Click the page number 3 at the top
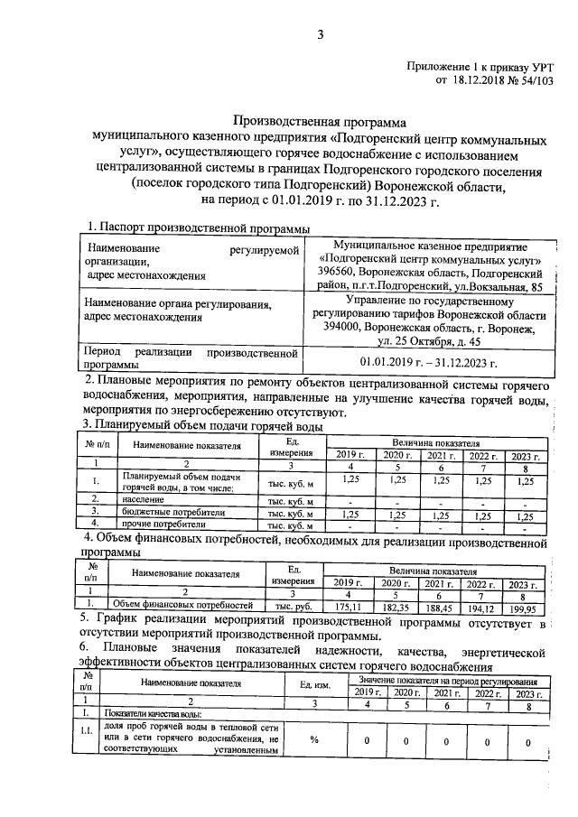pos(320,35)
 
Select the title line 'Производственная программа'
pos(322,120)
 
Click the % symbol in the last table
pos(315,740)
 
